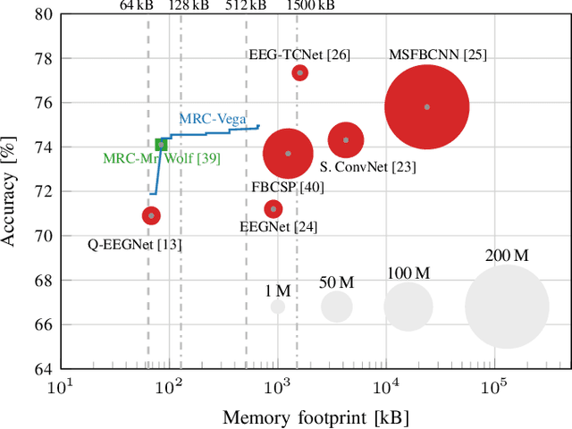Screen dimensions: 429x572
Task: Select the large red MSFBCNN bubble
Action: pyautogui.click(x=426, y=106)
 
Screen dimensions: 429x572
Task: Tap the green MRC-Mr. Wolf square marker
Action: pyautogui.click(x=161, y=144)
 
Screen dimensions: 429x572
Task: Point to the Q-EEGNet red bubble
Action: pyautogui.click(x=151, y=215)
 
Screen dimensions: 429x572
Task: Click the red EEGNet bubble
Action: pyautogui.click(x=273, y=209)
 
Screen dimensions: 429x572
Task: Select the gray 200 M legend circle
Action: pyautogui.click(x=507, y=307)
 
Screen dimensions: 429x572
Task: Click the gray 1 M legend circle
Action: pyautogui.click(x=278, y=307)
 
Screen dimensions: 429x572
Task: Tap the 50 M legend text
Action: pyautogui.click(x=337, y=282)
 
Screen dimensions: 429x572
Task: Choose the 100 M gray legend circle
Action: pyautogui.click(x=408, y=307)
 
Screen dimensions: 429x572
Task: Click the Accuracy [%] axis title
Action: pyautogui.click(x=13, y=191)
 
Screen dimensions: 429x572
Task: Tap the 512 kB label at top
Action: pyautogui.click(x=245, y=4)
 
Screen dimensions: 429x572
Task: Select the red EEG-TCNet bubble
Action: pyautogui.click(x=300, y=72)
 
